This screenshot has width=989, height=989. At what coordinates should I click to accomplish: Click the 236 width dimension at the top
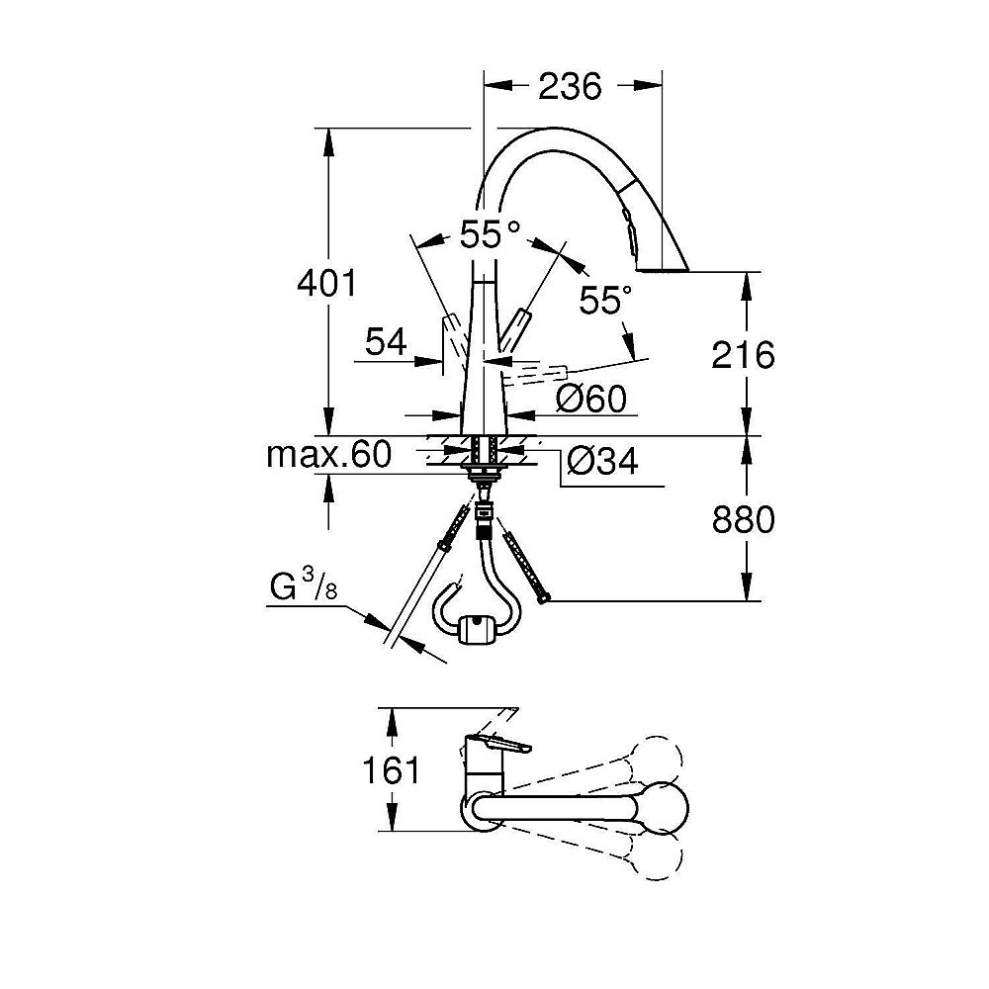click(x=571, y=87)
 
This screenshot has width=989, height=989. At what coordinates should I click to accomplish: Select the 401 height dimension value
click(x=326, y=284)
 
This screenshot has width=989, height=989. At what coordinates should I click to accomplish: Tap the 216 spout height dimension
click(x=744, y=354)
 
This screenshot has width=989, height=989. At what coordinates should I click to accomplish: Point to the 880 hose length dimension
click(x=744, y=519)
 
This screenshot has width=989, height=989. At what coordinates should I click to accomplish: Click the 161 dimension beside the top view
click(x=393, y=769)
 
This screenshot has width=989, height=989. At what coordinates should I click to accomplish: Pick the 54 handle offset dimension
click(x=386, y=343)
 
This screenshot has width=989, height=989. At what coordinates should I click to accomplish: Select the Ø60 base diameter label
click(x=590, y=399)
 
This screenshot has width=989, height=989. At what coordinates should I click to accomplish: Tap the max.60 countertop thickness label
click(x=329, y=455)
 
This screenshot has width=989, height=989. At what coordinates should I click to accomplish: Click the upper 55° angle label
click(x=490, y=234)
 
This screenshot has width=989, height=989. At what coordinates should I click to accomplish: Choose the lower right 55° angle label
click(x=605, y=300)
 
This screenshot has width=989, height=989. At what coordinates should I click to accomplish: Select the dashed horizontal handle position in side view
click(x=534, y=374)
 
